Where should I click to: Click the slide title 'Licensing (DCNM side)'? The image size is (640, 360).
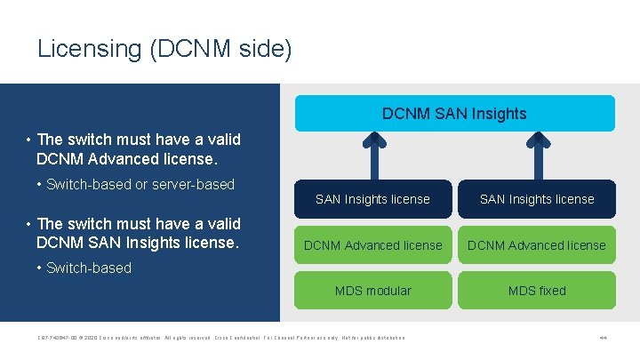pos(164,49)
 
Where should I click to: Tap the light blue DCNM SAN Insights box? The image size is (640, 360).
pos(454,113)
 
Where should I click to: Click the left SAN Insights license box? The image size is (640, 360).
pos(372,199)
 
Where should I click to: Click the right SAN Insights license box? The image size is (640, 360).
pos(537,199)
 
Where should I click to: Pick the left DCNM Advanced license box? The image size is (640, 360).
pos(372,245)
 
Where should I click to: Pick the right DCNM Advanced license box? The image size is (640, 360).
pos(537,245)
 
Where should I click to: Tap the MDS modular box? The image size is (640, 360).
pos(372,291)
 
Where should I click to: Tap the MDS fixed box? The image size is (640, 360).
pos(537,291)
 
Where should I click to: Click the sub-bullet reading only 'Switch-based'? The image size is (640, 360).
pos(88,268)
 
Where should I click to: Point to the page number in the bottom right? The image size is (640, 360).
pos(603,338)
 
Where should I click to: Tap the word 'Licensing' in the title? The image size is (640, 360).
pos(90,49)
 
